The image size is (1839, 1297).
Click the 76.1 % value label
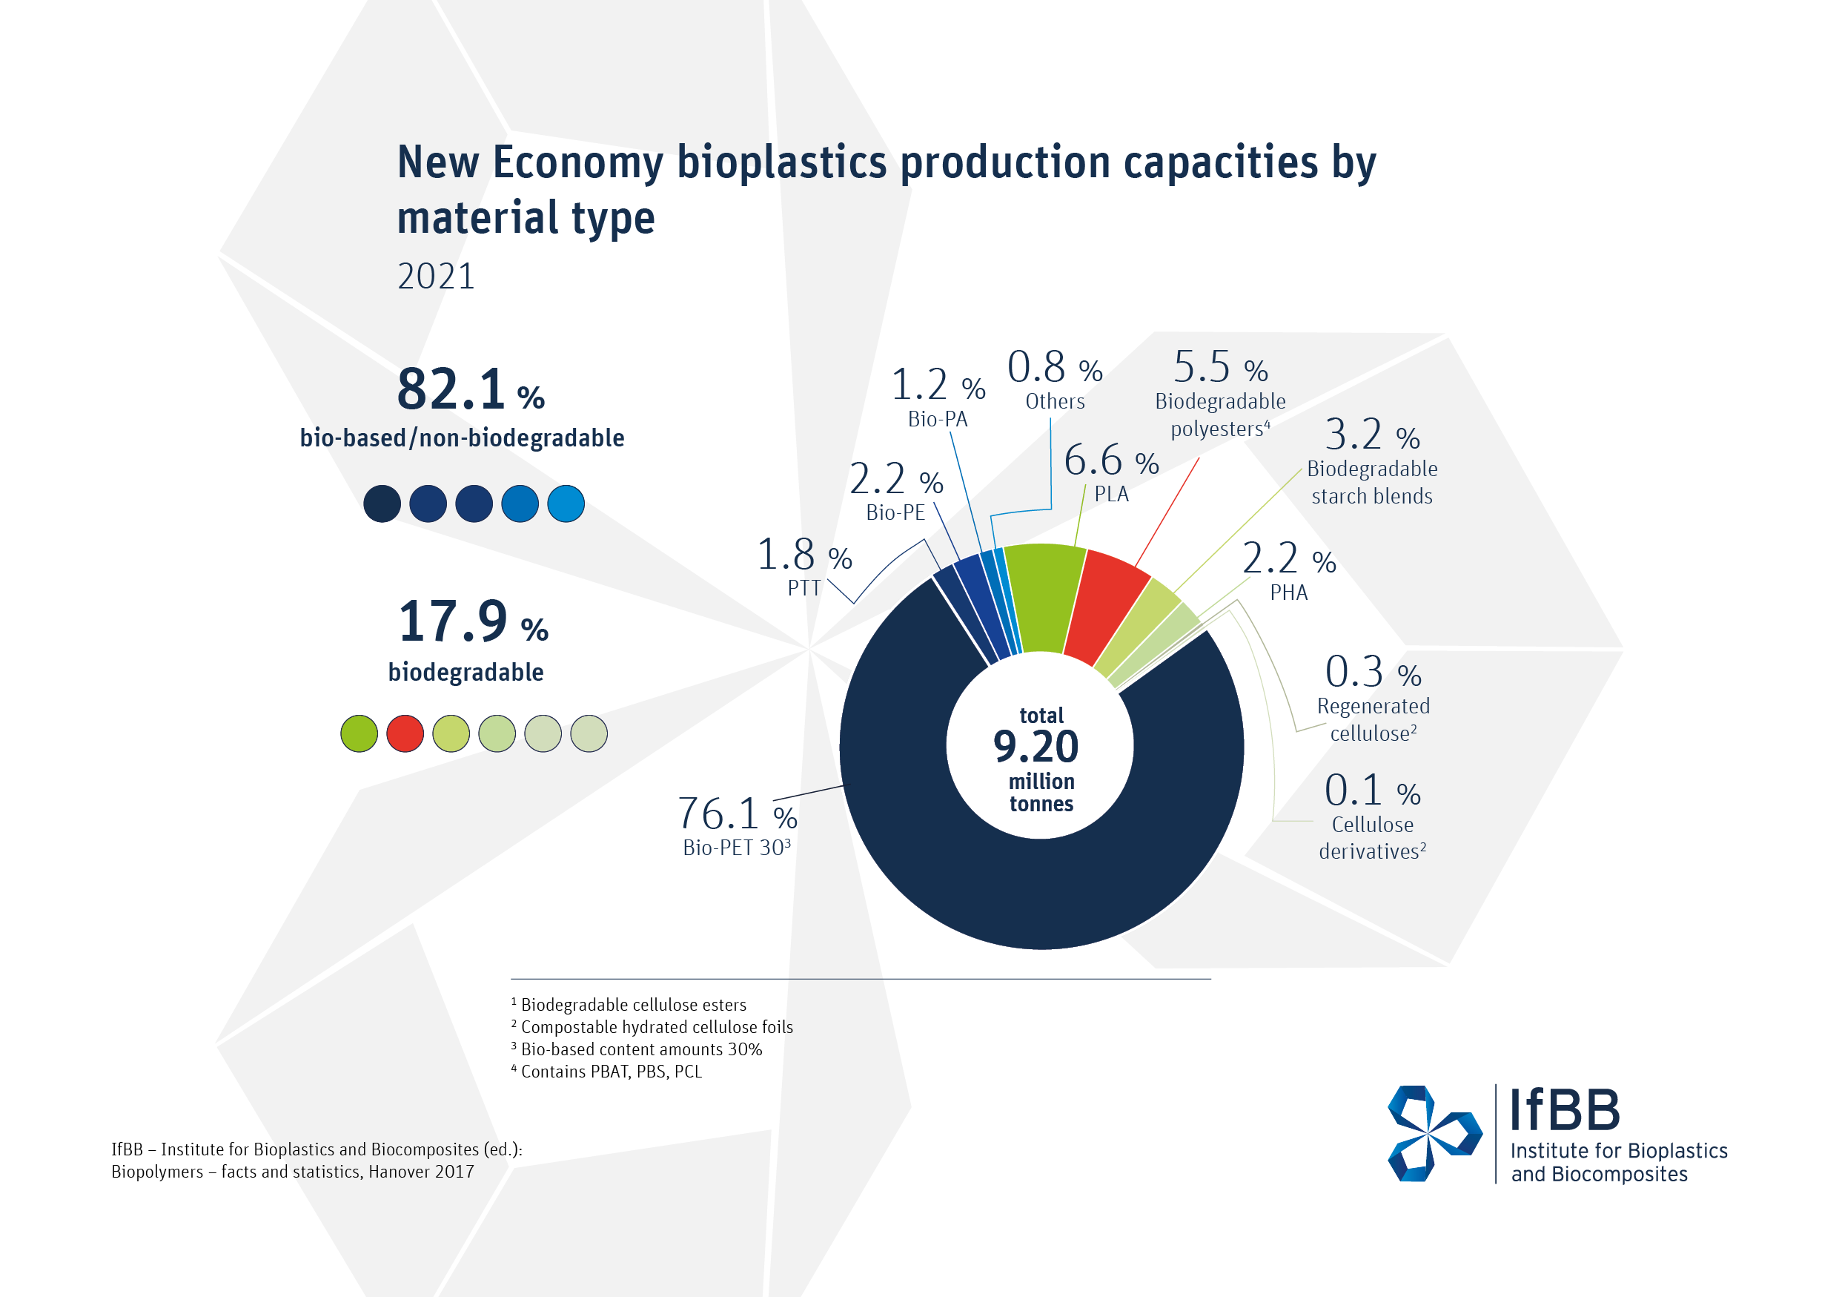point(737,814)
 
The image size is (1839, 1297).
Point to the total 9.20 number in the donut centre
point(1036,747)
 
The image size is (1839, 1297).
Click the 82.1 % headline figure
point(470,390)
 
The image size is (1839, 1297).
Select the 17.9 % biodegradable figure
point(473,622)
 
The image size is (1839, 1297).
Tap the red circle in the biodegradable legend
point(405,734)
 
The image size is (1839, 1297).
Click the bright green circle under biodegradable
point(359,734)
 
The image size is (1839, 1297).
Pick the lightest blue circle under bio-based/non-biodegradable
point(566,504)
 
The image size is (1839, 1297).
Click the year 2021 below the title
point(437,277)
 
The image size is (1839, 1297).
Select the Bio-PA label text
point(938,419)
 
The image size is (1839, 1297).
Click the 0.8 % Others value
point(1055,368)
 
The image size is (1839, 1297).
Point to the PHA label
point(1289,593)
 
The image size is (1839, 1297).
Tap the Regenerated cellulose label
point(1373,719)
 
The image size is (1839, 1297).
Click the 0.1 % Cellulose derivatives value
point(1372,791)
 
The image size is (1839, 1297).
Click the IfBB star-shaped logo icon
point(1434,1134)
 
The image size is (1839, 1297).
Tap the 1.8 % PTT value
point(804,555)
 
